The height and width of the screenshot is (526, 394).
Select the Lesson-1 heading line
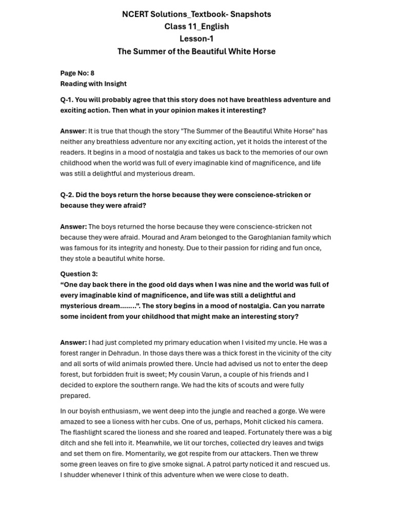(196, 39)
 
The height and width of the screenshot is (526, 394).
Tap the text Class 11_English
(196, 26)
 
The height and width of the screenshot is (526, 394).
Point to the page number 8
(92, 73)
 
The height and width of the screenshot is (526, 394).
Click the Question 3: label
(79, 274)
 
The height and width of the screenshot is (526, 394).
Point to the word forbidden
(101, 374)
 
